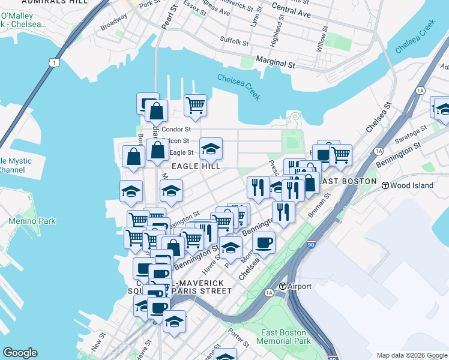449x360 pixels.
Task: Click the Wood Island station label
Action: click(x=412, y=185)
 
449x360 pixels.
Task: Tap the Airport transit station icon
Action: click(x=282, y=286)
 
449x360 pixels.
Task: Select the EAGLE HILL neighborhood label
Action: click(x=196, y=166)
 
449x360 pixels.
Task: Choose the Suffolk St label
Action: click(x=234, y=42)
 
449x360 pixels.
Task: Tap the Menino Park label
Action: click(x=32, y=221)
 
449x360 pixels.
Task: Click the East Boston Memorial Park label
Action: click(x=283, y=337)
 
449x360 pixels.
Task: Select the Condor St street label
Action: click(x=176, y=129)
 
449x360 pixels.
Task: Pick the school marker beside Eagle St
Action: click(x=211, y=148)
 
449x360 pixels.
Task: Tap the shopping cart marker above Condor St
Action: click(x=195, y=105)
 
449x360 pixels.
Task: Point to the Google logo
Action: click(x=20, y=353)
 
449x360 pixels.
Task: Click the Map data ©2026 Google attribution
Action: click(x=412, y=355)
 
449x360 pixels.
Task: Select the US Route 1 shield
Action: click(x=55, y=62)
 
